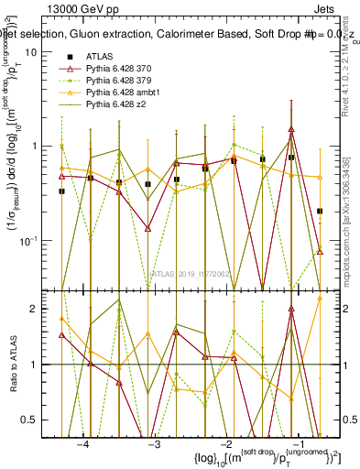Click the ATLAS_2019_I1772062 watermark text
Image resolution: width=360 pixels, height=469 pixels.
pyautogui.click(x=191, y=274)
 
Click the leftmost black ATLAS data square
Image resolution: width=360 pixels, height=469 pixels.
pyautogui.click(x=61, y=191)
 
